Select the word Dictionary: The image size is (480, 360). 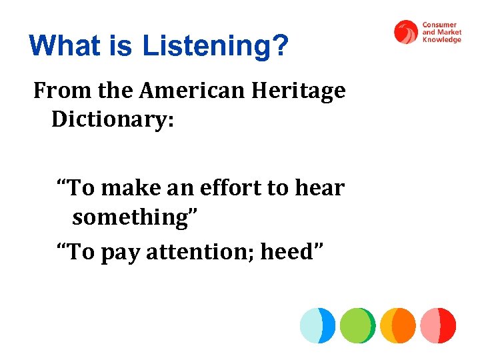coord(112,120)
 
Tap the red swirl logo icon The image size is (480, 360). coord(405,31)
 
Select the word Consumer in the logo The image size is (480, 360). coord(439,25)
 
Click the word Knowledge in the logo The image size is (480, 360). coord(441,40)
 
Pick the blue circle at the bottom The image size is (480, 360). coord(317,325)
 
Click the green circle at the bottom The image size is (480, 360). coord(357,325)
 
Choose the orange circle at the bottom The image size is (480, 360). coord(398,325)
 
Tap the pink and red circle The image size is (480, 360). coord(438,325)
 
